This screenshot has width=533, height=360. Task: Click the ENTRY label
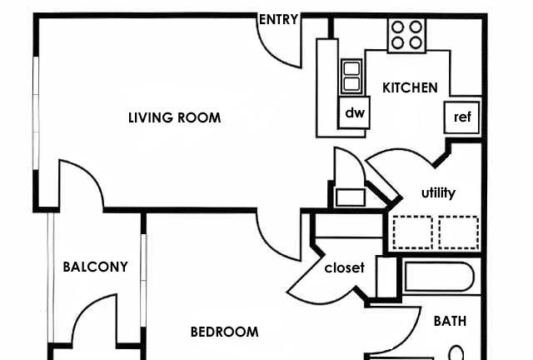[278, 19]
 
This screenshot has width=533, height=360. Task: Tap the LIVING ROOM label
[174, 117]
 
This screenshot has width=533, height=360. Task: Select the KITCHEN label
[410, 87]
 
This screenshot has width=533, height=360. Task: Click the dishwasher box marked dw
[354, 112]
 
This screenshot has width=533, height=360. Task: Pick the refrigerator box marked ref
[462, 117]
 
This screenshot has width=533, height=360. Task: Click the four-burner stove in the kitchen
[406, 35]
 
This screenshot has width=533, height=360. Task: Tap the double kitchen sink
[351, 77]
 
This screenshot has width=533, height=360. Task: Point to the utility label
[438, 193]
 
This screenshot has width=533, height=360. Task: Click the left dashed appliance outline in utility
[413, 232]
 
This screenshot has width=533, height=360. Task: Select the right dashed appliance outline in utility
[459, 232]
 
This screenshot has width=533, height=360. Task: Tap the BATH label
[450, 321]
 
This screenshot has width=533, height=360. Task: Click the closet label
[344, 267]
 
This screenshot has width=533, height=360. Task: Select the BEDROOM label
[224, 332]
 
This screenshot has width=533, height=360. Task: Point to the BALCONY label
[96, 267]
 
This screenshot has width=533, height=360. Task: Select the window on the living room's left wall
[36, 113]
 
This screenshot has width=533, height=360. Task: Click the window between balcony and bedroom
[143, 280]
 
